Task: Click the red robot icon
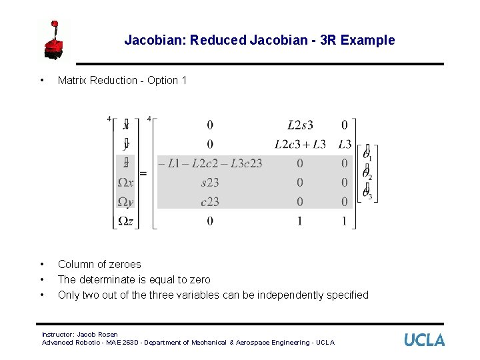tap(53, 41)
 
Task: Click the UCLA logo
tap(424, 340)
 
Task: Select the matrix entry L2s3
tap(300, 125)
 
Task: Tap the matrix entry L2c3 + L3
tap(300, 144)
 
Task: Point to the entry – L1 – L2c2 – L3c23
tap(210, 163)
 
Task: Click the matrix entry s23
tap(210, 182)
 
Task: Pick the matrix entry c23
tap(210, 201)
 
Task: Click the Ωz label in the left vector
tap(125, 221)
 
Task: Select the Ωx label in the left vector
tap(125, 182)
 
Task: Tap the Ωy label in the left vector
tap(125, 201)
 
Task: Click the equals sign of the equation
tap(143, 173)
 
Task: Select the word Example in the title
tap(367, 40)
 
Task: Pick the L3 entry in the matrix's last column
tap(344, 144)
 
